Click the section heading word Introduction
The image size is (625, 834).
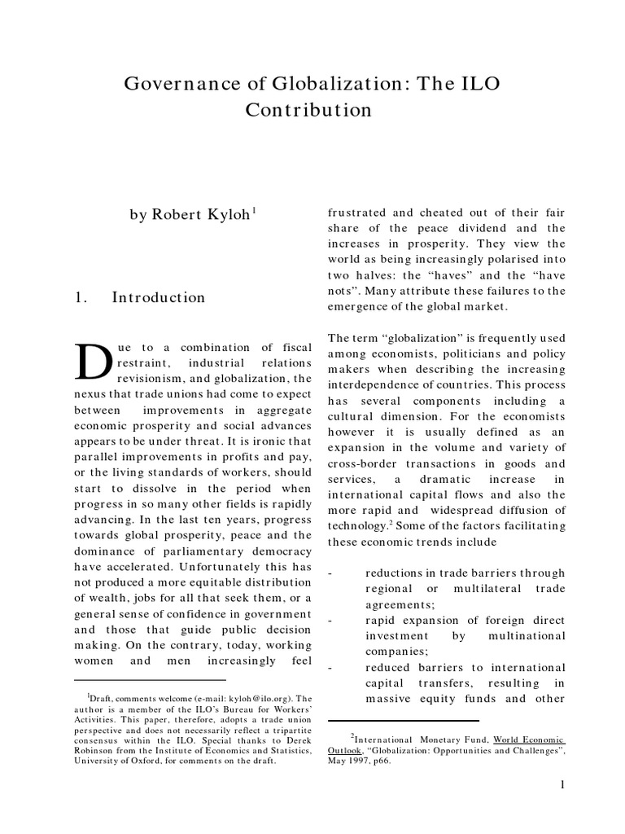point(158,297)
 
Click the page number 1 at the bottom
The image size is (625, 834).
point(562,784)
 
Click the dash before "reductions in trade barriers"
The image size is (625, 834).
point(330,573)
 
